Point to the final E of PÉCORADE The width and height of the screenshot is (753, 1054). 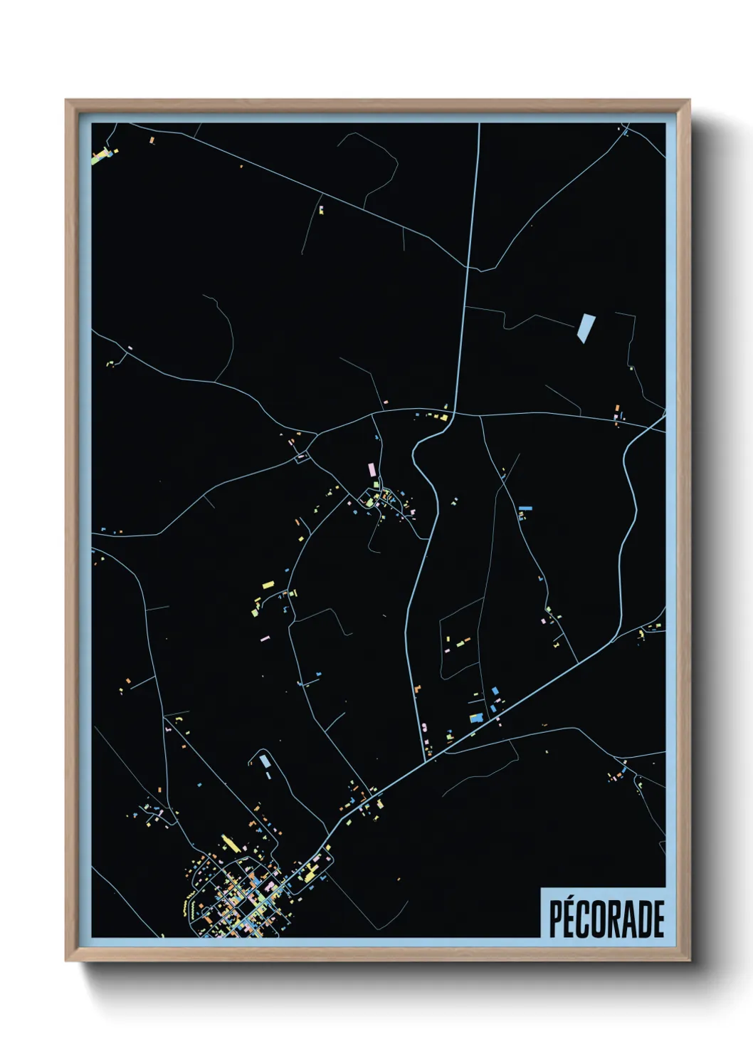click(x=659, y=919)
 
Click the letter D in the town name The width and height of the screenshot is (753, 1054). click(x=645, y=919)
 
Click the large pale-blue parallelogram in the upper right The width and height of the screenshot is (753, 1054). click(x=585, y=328)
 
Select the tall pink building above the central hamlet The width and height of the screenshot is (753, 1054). click(x=370, y=471)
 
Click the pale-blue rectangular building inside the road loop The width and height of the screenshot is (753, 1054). click(x=265, y=761)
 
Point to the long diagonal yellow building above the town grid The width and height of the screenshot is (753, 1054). click(x=229, y=844)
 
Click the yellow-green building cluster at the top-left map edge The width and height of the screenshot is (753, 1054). click(x=102, y=155)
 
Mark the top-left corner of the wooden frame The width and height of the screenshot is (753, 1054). click(x=66, y=100)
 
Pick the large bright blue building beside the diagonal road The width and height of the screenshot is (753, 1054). click(x=476, y=718)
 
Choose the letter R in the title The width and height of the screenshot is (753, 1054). click(x=616, y=919)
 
